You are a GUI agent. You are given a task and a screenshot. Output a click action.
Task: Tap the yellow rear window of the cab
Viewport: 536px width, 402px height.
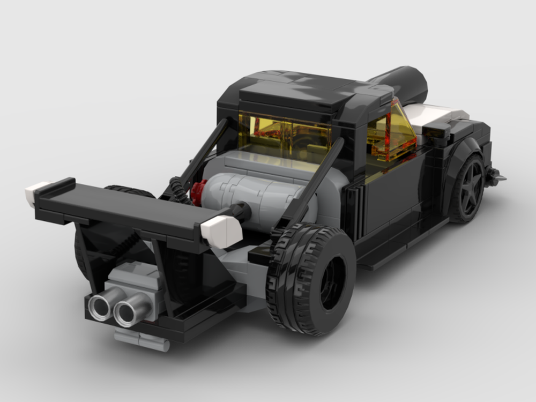[x=284, y=131]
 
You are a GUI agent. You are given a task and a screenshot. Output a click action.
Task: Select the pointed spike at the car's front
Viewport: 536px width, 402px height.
[x=496, y=175]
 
